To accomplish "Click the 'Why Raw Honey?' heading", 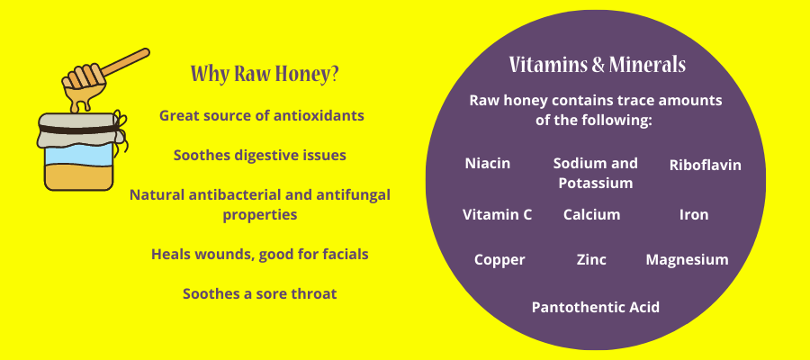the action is [265, 73].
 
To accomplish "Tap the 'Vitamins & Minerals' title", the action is [598, 65].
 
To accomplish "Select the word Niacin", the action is [488, 163].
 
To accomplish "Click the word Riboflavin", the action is [705, 165].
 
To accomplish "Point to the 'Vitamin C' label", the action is [497, 214].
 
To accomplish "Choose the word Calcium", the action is [591, 214].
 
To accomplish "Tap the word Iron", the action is [694, 214].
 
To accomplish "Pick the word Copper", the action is [499, 259].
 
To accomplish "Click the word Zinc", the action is [591, 259].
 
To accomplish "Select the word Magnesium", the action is [687, 259].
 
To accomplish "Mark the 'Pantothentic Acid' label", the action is [596, 307].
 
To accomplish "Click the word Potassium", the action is [596, 183].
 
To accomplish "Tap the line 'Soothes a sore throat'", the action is [259, 294].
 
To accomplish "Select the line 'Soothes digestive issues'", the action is [260, 155].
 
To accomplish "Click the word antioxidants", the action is [319, 115].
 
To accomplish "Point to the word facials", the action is [344, 254].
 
